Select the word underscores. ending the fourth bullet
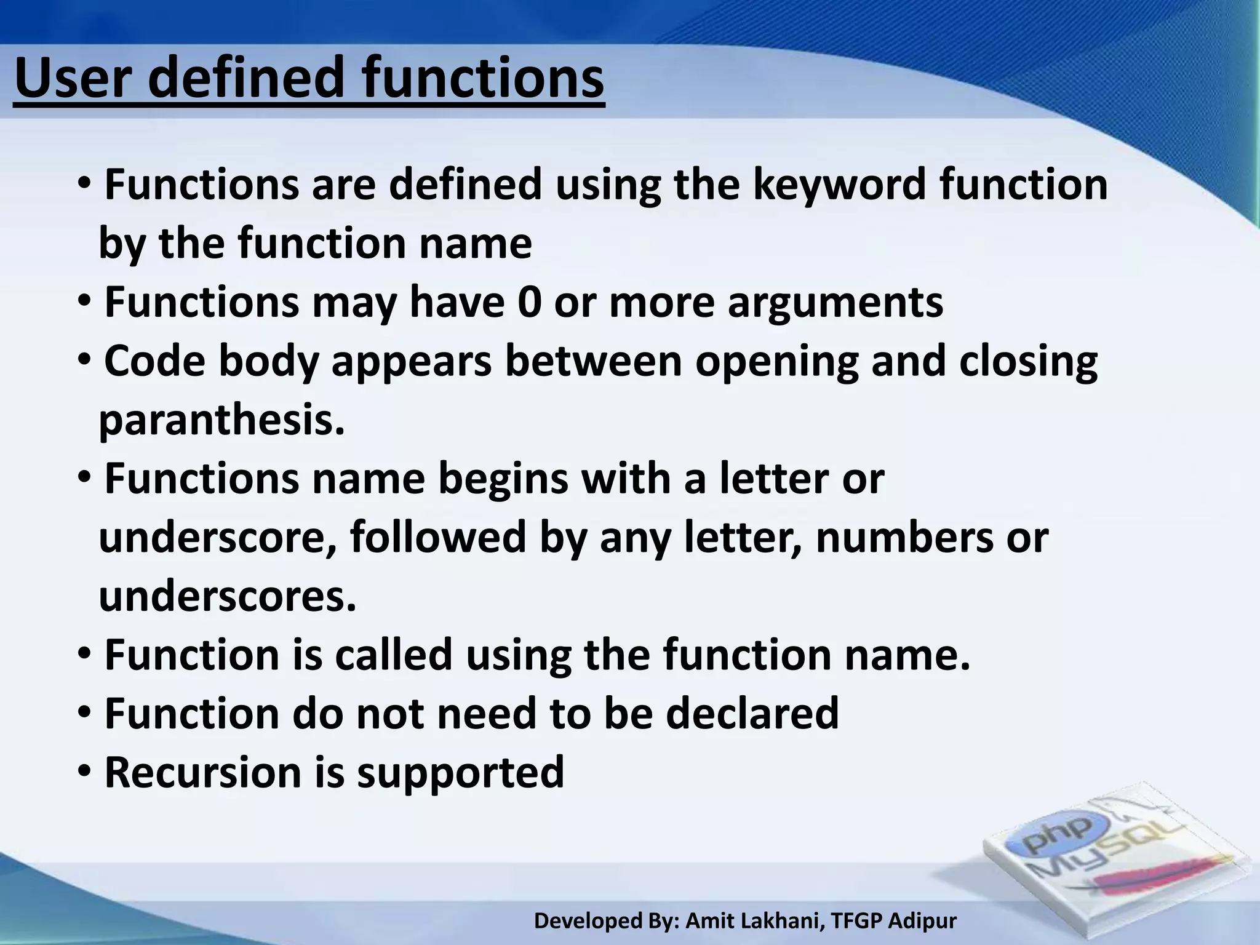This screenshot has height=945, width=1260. pyautogui.click(x=228, y=596)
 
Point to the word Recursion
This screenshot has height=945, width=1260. pyautogui.click(x=203, y=773)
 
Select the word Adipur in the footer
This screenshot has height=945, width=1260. pyautogui.click(x=922, y=921)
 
